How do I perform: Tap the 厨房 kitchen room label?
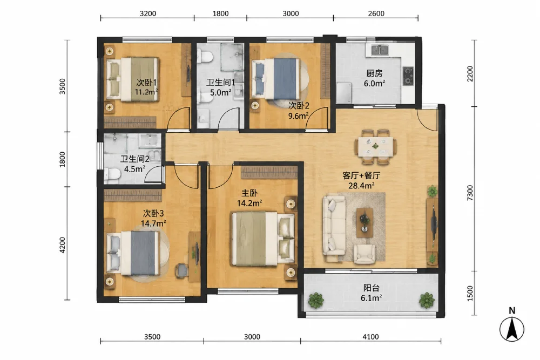pyautogui.click(x=374, y=73)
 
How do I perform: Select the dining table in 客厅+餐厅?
pyautogui.click(x=375, y=147)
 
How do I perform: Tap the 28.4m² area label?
pyautogui.click(x=362, y=186)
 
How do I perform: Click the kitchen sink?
pyautogui.click(x=380, y=50)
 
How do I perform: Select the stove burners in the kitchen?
pyautogui.click(x=408, y=76)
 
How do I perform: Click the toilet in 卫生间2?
pyautogui.click(x=112, y=174)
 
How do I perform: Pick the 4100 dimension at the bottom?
pyautogui.click(x=370, y=337)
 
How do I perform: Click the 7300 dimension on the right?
pyautogui.click(x=470, y=193)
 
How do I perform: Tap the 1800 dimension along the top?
pyautogui.click(x=220, y=13)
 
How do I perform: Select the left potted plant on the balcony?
pyautogui.click(x=316, y=300)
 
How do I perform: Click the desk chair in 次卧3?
pyautogui.click(x=181, y=270)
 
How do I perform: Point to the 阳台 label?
pyautogui.click(x=372, y=288)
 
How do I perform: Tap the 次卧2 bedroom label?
pyautogui.click(x=299, y=105)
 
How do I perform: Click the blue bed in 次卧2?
pyautogui.click(x=277, y=79)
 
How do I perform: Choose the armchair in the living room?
pyautogui.click(x=364, y=254)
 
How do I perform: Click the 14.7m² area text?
pyautogui.click(x=153, y=223)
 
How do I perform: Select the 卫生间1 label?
pyautogui.click(x=220, y=83)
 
